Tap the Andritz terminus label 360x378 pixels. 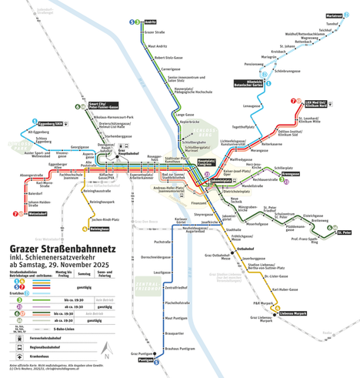(151, 22)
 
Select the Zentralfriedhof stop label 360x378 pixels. (178, 287)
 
